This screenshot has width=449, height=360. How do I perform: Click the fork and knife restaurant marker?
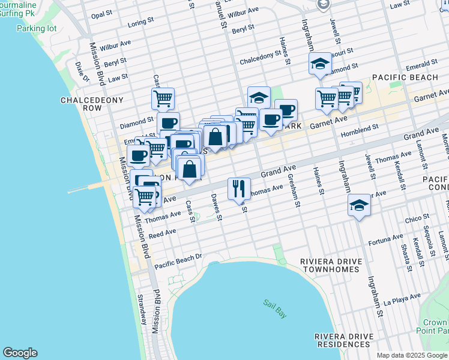239,188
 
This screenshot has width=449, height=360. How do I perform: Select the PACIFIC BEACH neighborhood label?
405,77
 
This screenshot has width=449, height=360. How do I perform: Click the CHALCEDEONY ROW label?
83,104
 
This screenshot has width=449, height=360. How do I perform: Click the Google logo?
20,353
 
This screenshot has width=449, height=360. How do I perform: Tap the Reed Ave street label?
162,232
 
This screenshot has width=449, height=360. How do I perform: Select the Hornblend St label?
360,128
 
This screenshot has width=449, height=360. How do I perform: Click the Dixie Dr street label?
82,72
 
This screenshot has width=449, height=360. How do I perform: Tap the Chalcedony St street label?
261,55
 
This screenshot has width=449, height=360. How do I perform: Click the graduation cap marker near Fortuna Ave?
359,205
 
